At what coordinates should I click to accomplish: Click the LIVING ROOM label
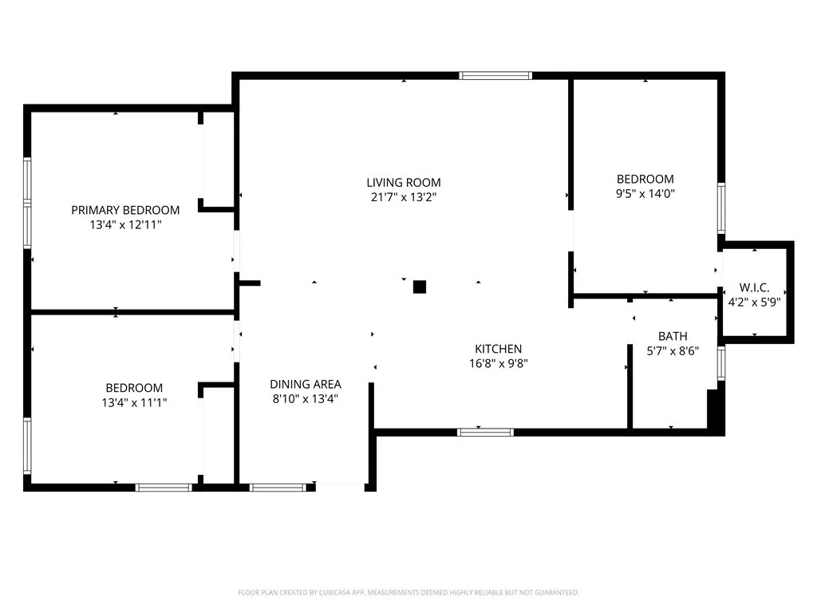[403, 182]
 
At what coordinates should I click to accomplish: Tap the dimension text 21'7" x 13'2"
[403, 196]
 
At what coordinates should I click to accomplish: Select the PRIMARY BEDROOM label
[125, 210]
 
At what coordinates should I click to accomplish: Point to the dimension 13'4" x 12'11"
[125, 225]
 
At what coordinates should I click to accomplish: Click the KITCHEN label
[498, 349]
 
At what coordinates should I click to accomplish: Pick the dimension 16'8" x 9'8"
[498, 363]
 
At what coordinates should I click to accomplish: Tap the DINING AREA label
[305, 384]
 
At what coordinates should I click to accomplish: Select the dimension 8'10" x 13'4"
[305, 398]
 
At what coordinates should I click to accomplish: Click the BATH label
[672, 336]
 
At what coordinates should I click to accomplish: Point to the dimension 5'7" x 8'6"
[672, 350]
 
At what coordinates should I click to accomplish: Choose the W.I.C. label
[754, 287]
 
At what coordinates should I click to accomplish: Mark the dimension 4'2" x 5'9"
[754, 302]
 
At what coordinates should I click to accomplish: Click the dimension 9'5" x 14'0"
[645, 193]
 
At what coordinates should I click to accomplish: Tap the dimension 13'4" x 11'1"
[134, 402]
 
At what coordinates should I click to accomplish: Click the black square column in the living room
[420, 287]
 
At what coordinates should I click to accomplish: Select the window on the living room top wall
[495, 76]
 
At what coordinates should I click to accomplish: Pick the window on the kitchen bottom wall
[485, 433]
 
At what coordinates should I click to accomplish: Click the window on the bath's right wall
[721, 362]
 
